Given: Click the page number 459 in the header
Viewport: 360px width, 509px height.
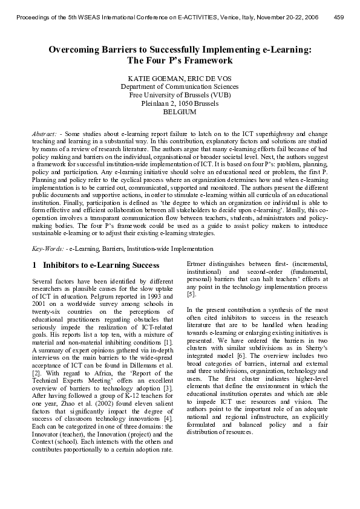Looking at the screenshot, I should pyautogui.click(x=339, y=17).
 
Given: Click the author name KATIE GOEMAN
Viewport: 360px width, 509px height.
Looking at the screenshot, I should pyautogui.click(x=152, y=79).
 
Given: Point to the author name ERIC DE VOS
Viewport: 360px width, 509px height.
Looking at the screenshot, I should pyautogui.click(x=208, y=79).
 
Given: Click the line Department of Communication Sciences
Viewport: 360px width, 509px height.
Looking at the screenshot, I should pyautogui.click(x=180, y=87).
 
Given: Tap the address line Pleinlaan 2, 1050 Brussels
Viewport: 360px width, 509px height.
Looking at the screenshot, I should pyautogui.click(x=180, y=104).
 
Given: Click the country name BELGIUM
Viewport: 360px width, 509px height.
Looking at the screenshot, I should pyautogui.click(x=180, y=112).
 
